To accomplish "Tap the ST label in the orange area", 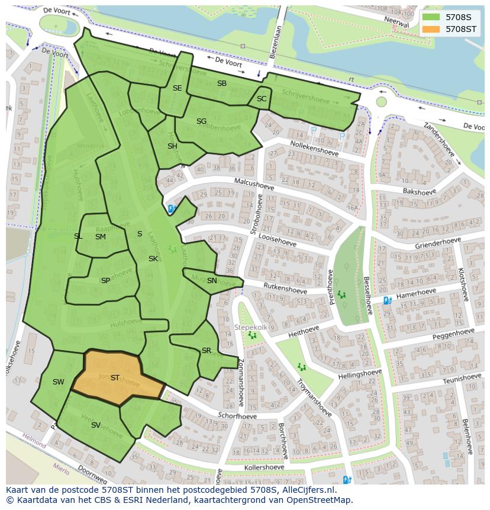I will point(115,378).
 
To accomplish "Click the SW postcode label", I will point(58,382).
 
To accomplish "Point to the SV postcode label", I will point(95,425).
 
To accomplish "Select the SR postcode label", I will point(206,351).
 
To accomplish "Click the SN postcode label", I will point(212,281).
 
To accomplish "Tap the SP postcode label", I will point(105,281).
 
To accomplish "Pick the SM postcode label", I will point(100,237).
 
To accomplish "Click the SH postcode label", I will point(172,146).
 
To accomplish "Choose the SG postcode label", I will point(201,121).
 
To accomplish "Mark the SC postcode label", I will point(262,99).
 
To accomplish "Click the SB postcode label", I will point(222,84).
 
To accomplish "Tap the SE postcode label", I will point(177,88).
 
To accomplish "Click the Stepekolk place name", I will point(252,327).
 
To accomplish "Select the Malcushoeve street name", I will point(256,184).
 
